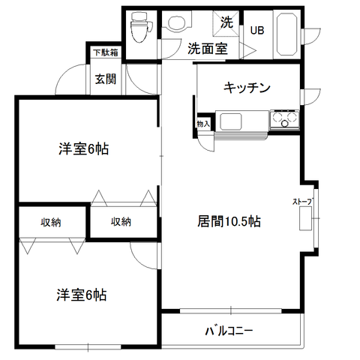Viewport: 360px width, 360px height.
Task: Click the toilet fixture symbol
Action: (142, 28)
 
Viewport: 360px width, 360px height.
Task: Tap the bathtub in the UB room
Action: (286, 33)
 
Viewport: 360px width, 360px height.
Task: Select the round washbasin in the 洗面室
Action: (177, 22)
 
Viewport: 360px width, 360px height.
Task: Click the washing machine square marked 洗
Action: (226, 24)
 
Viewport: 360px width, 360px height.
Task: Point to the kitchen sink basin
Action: (231, 121)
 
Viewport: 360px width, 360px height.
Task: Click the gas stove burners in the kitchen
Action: (284, 119)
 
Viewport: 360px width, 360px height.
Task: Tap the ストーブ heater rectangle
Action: (306, 218)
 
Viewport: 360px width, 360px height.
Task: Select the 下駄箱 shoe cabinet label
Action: (106, 52)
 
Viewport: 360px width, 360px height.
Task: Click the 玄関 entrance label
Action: (106, 79)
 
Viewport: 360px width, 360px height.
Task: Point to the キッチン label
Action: (247, 88)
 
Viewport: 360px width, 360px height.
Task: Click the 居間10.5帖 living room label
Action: (229, 221)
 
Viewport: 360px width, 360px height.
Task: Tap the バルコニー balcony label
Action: (229, 331)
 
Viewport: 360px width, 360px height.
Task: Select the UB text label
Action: (257, 31)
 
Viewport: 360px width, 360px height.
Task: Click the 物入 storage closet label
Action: (203, 124)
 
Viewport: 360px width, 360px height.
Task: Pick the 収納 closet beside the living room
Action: (121, 221)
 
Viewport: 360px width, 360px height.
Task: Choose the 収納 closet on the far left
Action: (51, 222)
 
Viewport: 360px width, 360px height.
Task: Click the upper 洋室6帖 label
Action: (83, 149)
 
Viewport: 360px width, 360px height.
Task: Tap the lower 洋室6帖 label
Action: (82, 295)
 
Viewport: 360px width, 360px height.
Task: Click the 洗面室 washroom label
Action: (208, 49)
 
